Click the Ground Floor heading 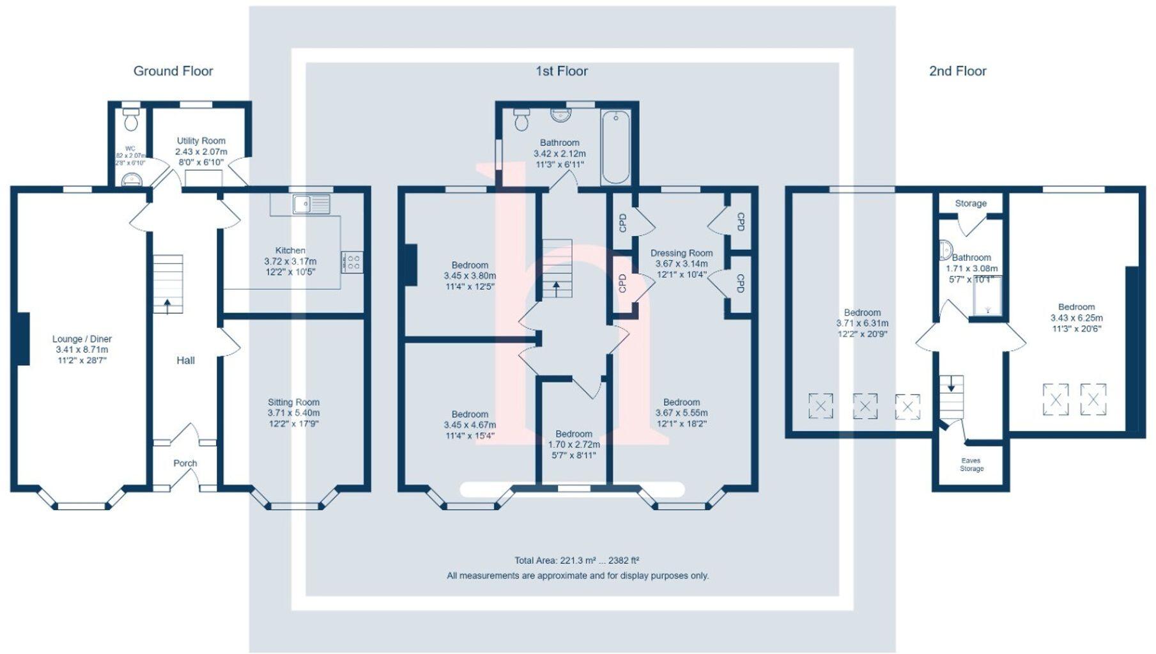click(x=173, y=71)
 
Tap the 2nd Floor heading click(x=957, y=71)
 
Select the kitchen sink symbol click(x=311, y=205)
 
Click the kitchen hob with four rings click(x=352, y=262)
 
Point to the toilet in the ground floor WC click(x=132, y=120)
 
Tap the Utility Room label click(x=201, y=141)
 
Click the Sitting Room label click(x=293, y=402)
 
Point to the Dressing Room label click(x=681, y=253)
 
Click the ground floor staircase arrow click(x=167, y=306)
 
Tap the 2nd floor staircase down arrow click(x=951, y=384)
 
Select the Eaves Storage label click(x=971, y=464)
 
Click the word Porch click(x=185, y=463)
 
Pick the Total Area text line click(x=577, y=561)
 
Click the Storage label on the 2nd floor click(x=971, y=203)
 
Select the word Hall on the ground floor click(x=185, y=361)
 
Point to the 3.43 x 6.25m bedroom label click(x=1076, y=318)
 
